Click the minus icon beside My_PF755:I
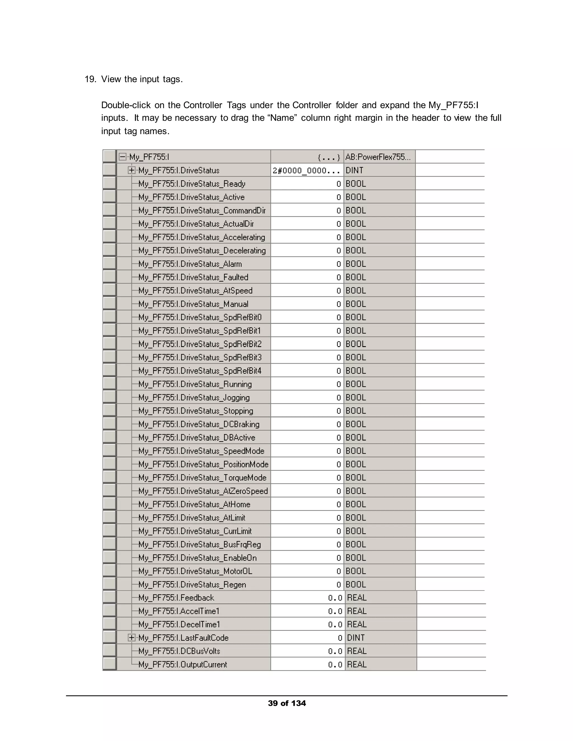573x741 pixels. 123,157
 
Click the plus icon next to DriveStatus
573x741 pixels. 131,170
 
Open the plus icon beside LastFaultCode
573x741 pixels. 131,638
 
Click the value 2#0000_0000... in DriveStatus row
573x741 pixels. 306,170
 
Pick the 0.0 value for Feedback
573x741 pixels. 335,598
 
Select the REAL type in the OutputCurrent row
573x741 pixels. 356,664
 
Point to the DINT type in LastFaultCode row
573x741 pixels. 355,638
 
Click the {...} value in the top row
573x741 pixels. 328,157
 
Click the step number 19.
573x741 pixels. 90,79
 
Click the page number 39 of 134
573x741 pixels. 286,703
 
